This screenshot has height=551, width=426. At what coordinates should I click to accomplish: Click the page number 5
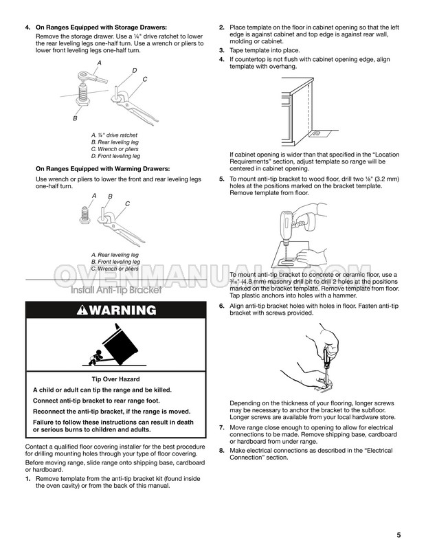click(399, 535)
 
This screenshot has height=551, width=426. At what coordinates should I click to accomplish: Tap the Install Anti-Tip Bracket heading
click(117, 290)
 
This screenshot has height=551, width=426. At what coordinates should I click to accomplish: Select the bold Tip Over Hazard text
click(115, 379)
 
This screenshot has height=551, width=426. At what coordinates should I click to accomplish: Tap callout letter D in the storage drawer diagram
click(134, 71)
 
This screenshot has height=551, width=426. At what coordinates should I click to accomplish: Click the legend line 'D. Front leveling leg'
click(115, 156)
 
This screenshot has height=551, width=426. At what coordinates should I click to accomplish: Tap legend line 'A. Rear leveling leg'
click(114, 255)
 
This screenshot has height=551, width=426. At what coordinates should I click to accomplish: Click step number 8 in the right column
click(222, 450)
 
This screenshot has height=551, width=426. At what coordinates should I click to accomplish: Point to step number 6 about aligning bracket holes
click(222, 306)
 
